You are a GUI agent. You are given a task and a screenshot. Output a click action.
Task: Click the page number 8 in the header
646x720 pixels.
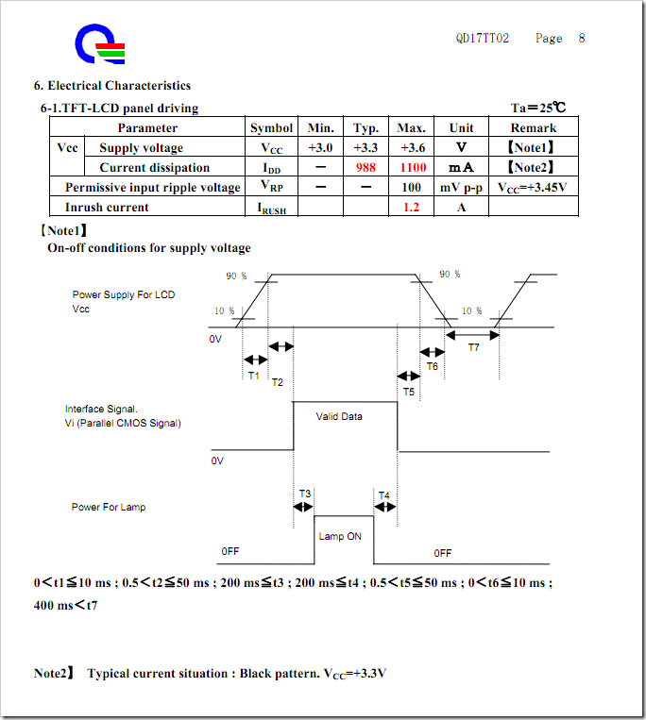582,39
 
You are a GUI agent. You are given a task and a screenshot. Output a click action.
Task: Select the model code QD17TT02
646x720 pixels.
482,39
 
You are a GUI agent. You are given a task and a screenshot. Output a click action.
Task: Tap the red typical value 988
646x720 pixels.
366,168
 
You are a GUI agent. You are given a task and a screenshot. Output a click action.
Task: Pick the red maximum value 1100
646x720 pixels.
412,168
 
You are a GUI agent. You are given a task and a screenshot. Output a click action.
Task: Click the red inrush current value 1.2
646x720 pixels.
411,208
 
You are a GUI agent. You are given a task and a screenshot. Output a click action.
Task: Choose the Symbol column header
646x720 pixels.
271,128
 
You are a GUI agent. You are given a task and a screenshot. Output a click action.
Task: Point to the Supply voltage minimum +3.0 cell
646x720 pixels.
321,148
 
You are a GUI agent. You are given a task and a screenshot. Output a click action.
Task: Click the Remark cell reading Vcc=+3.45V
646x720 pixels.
533,188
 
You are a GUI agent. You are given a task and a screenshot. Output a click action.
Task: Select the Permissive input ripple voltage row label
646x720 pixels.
153,188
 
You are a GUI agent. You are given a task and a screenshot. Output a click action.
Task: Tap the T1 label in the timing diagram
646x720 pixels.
253,376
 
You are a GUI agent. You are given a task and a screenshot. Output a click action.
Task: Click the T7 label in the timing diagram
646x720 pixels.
473,348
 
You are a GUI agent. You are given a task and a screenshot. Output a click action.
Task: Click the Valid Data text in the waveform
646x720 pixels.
339,416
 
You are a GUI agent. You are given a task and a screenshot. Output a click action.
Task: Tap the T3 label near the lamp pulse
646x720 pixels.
304,494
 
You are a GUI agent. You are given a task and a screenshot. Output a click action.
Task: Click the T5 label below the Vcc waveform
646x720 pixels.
408,391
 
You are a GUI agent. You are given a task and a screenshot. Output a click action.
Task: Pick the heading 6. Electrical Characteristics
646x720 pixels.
112,87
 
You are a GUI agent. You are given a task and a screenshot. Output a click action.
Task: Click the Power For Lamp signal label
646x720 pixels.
109,508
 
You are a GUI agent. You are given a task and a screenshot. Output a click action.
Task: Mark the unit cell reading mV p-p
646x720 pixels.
462,188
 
